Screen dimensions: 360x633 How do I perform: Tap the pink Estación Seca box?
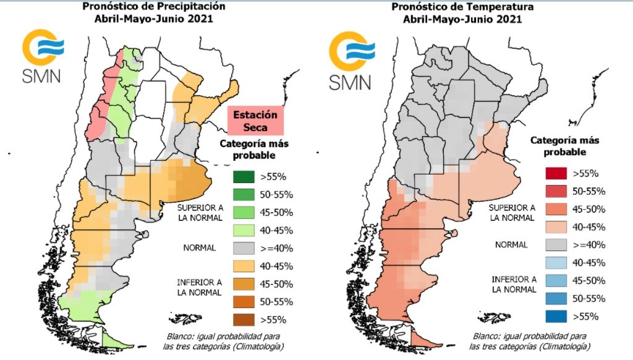coord(255,120)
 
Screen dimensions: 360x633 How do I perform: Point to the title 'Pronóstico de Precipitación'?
coord(153,7)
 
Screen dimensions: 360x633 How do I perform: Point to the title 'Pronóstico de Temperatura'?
coord(462,7)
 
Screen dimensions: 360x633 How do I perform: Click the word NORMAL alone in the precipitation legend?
coord(199,247)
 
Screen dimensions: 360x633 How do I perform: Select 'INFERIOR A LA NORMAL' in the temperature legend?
coord(512,284)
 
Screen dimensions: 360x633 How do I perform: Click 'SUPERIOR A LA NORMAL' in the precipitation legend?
coord(199,212)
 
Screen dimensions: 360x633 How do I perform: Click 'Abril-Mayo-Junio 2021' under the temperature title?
coord(462,19)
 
